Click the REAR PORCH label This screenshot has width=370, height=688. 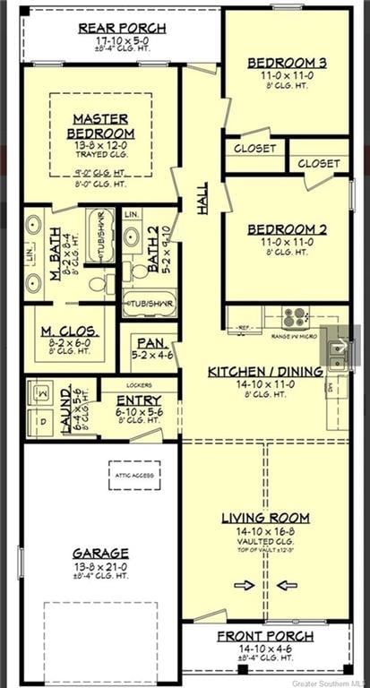[x=112, y=29]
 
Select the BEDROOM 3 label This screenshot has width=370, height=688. [x=287, y=62]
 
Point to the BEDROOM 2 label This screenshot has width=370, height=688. [x=287, y=229]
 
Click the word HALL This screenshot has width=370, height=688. [x=202, y=194]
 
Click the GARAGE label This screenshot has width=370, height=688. [x=100, y=553]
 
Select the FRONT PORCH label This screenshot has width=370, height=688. [x=265, y=636]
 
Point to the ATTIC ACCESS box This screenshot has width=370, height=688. [x=134, y=475]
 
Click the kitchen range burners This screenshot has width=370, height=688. [x=295, y=317]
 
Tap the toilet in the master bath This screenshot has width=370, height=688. [x=99, y=285]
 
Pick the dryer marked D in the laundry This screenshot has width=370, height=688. [x=42, y=420]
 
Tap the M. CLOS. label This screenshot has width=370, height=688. [x=69, y=332]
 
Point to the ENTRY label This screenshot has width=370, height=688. [x=140, y=400]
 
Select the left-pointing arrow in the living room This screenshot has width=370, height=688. [x=288, y=586]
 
